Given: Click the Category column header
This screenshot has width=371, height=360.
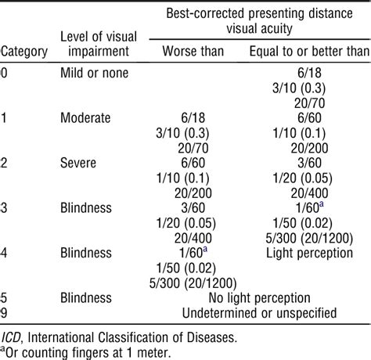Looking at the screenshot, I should [x=26, y=52].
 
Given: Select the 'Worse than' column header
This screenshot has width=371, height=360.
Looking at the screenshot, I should [x=192, y=52].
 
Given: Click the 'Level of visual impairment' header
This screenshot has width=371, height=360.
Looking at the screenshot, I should [x=93, y=45].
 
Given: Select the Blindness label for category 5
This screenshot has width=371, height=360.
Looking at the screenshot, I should [x=88, y=299].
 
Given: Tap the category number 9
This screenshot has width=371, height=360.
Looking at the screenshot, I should [x=5, y=314].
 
